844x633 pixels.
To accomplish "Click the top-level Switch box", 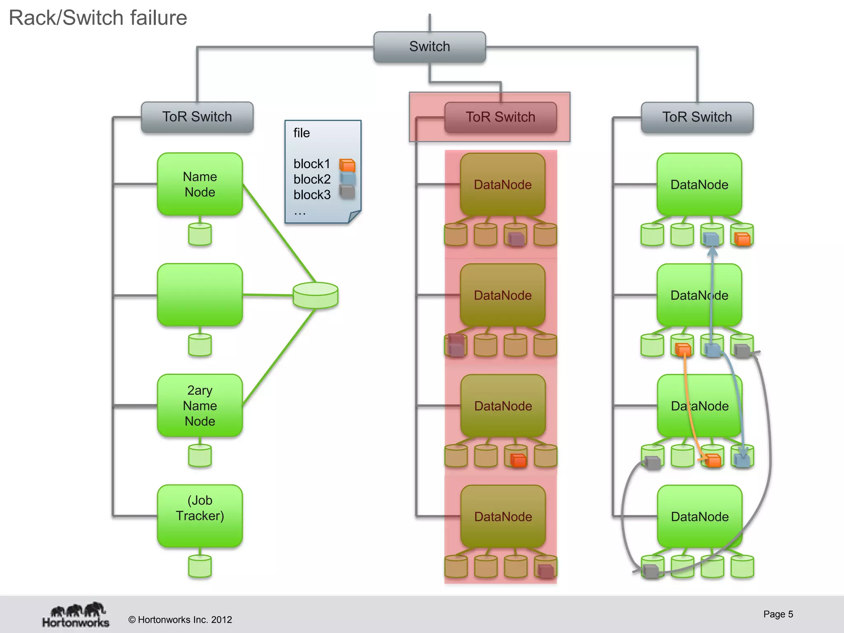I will pos(429,47).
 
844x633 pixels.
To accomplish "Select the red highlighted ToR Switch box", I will pos(500,117).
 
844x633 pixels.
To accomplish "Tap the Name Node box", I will pos(200,184).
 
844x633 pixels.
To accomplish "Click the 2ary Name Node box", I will pos(200,406).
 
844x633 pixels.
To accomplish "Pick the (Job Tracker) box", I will pos(200,516).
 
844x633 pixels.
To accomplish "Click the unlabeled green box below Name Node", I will pos(200,295).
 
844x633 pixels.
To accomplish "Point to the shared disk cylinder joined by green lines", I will pos(316,295).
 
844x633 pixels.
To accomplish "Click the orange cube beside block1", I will pos(347,165).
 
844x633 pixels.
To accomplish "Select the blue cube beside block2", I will pos(347,179).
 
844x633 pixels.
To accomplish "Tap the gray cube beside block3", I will pos(347,192).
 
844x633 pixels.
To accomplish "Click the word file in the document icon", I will pos(301,133).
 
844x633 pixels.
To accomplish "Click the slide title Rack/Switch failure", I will pos(98,18).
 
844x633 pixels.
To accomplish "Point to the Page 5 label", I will pos(778,614).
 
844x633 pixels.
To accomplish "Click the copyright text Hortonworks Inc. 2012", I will pos(180,620).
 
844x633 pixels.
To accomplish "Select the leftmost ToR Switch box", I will pos(197,117).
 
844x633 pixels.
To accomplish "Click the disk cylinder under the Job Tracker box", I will pos(200,566).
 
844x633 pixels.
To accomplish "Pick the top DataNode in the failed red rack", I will pos(503,184).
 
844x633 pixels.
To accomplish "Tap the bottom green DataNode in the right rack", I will pos(699,516).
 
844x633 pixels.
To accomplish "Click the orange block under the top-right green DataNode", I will pos(743,239).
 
